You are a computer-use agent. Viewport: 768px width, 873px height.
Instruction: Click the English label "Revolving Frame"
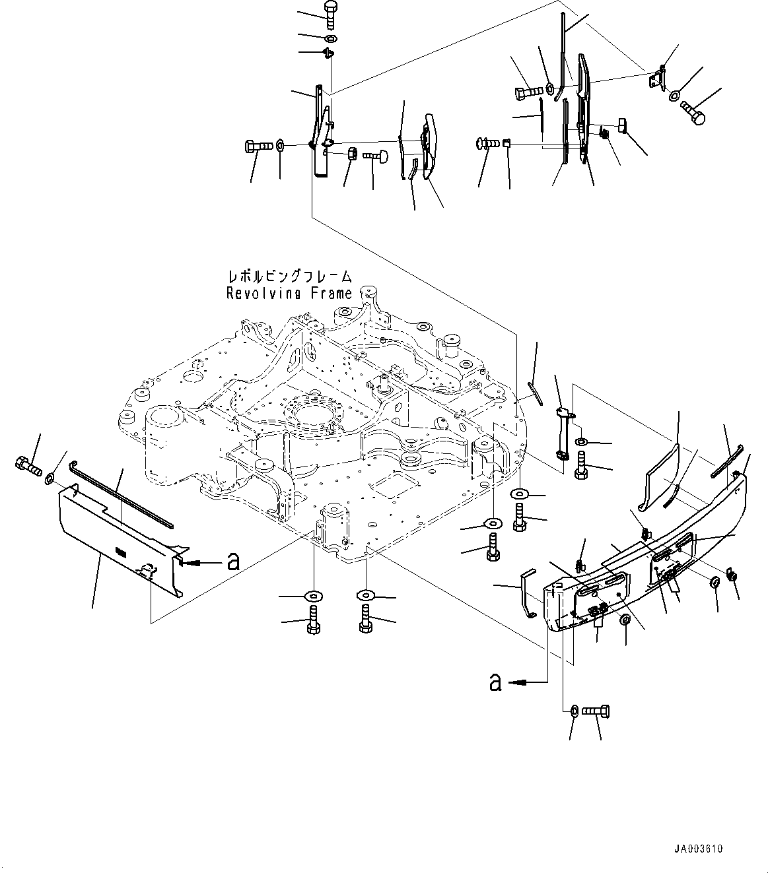point(289,294)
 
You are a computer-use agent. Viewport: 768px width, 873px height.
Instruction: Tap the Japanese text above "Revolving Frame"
point(289,276)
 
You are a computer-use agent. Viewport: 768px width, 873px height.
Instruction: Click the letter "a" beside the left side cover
point(232,562)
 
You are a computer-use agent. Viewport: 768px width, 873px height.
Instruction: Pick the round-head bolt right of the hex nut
point(375,156)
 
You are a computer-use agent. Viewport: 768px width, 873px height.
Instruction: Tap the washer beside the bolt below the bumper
point(574,711)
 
